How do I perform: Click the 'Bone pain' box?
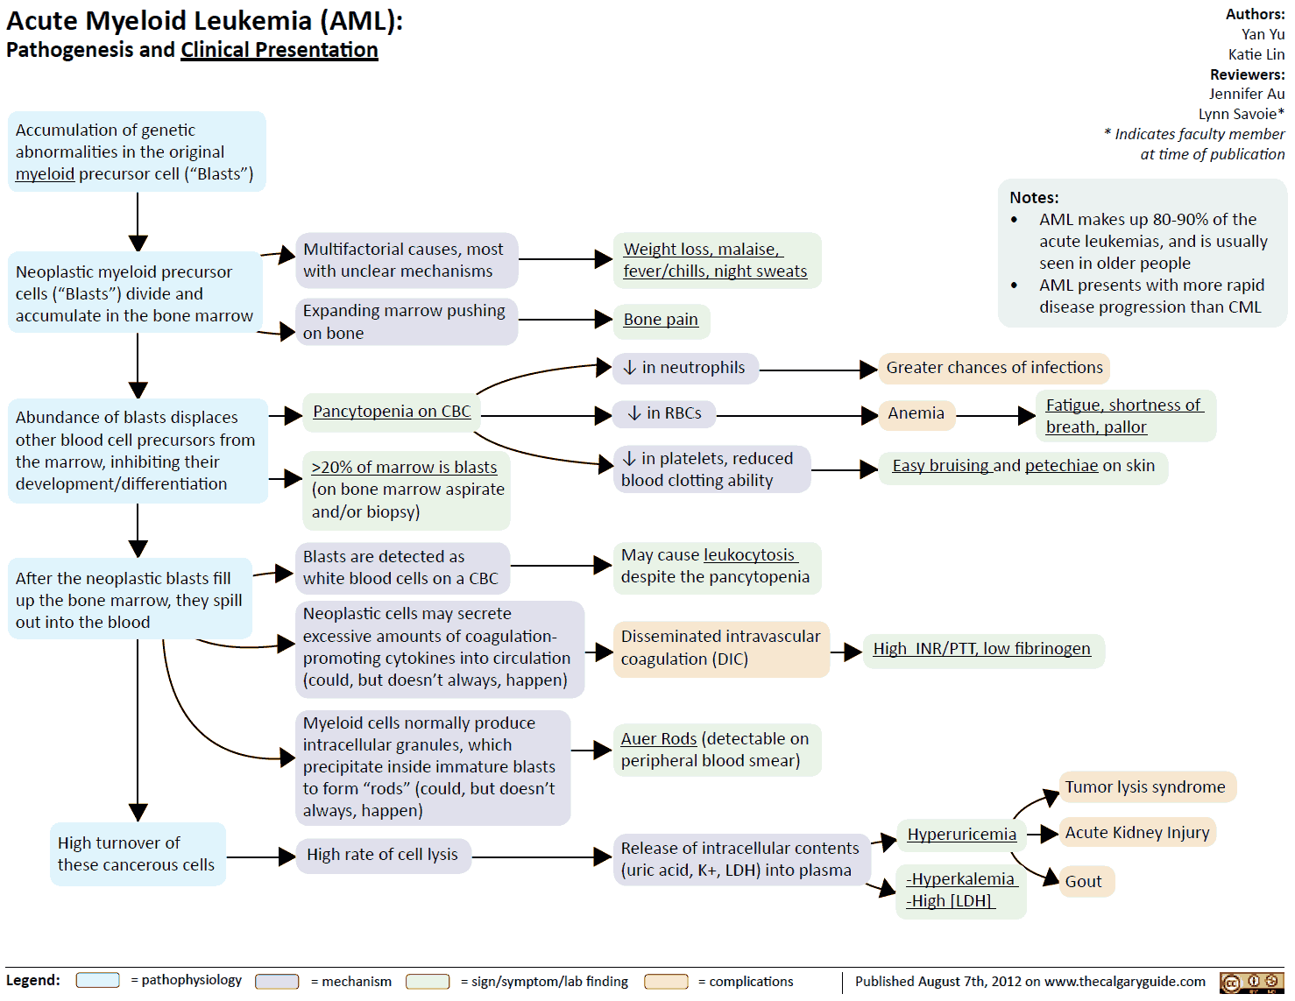(661, 320)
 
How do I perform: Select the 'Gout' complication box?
(1084, 881)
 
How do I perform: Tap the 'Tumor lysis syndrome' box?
(1145, 786)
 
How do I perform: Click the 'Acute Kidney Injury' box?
(1137, 832)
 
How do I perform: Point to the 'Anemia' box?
(916, 413)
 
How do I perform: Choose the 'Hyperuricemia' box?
(961, 834)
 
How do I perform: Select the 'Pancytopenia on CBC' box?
(392, 412)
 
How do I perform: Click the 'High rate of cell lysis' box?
(382, 855)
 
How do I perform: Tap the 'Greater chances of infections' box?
(994, 368)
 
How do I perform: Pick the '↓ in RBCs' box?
(664, 413)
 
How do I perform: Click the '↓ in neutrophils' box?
(684, 368)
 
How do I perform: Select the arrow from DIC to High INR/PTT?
(846, 652)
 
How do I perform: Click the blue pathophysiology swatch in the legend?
(97, 980)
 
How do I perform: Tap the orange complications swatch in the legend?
(666, 981)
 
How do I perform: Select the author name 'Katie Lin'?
(1256, 54)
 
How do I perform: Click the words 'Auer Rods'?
(659, 739)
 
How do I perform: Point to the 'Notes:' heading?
(1034, 198)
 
